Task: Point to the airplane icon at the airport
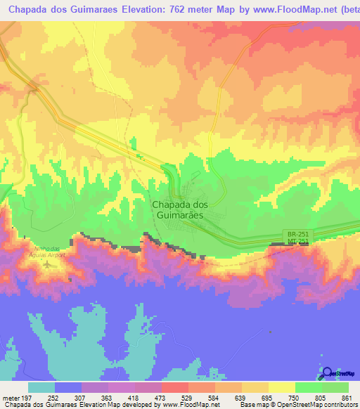47,265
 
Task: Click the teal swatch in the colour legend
41,388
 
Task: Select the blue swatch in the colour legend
68,388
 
